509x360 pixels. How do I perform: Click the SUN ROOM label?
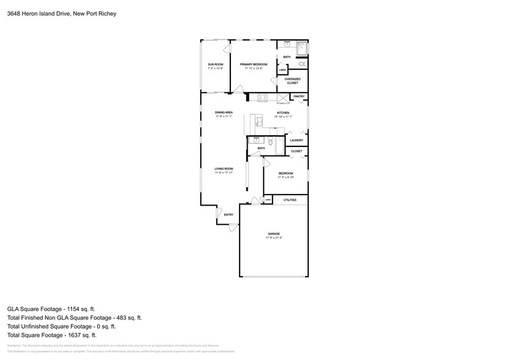pyautogui.click(x=215, y=64)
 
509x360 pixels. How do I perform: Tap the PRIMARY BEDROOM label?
pyautogui.click(x=254, y=64)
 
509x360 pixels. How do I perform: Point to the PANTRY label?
pyautogui.click(x=299, y=96)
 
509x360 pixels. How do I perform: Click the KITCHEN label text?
pyautogui.click(x=282, y=113)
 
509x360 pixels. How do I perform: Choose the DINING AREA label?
pyautogui.click(x=224, y=113)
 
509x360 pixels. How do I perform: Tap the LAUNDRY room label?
pyautogui.click(x=296, y=140)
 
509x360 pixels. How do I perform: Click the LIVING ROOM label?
pyautogui.click(x=224, y=169)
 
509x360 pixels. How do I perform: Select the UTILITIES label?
pyautogui.click(x=290, y=200)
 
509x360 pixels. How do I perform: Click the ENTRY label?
pyautogui.click(x=228, y=214)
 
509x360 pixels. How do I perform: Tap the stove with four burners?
pyautogui.click(x=262, y=96)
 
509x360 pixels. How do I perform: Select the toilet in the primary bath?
pyautogui.click(x=301, y=64)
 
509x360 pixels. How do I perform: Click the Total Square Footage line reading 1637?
pyautogui.click(x=51, y=335)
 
